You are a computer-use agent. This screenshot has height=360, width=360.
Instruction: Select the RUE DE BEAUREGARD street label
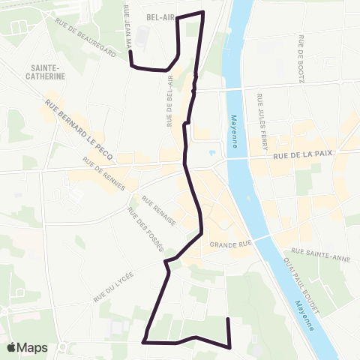coord(87,41)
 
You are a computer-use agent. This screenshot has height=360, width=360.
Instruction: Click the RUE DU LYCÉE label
coord(114,288)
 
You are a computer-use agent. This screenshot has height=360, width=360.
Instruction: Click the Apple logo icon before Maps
coord(11,348)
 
